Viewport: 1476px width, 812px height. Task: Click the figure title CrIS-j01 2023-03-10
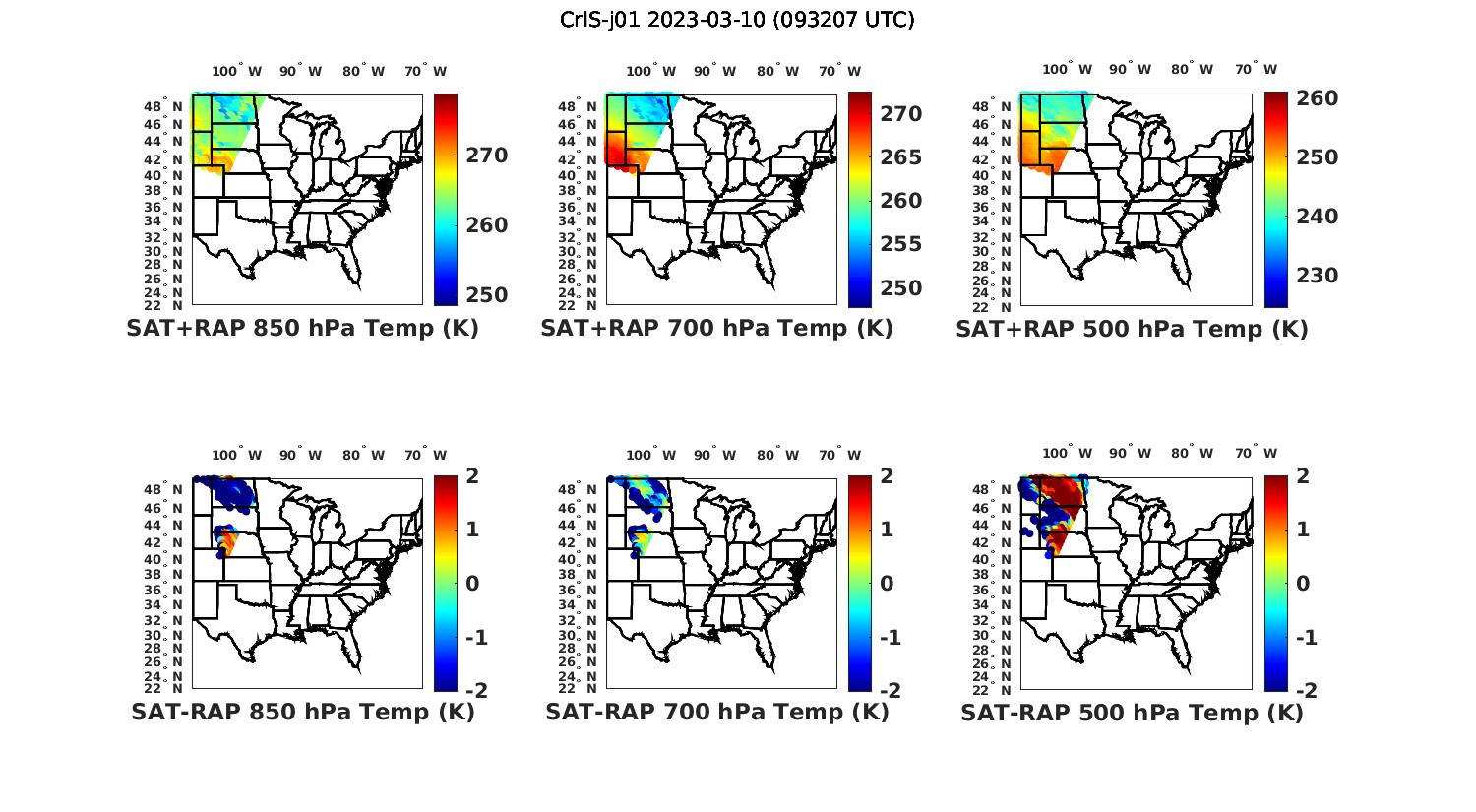pyautogui.click(x=737, y=20)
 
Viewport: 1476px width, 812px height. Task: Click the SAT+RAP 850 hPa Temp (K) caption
pyautogui.click(x=302, y=329)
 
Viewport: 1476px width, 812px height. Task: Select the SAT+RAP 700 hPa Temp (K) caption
pyautogui.click(x=716, y=329)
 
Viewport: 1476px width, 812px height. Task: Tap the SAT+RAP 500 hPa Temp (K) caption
pyautogui.click(x=1132, y=329)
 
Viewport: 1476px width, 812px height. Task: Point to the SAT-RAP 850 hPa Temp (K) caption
pyautogui.click(x=302, y=713)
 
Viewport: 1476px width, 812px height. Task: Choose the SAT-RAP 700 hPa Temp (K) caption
pyautogui.click(x=716, y=713)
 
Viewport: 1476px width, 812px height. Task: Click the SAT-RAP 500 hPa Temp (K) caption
pyautogui.click(x=1132, y=713)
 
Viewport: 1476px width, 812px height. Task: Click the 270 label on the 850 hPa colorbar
pyautogui.click(x=487, y=156)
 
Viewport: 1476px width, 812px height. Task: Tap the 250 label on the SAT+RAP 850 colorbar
pyautogui.click(x=487, y=295)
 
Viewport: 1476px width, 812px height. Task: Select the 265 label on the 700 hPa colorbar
pyautogui.click(x=900, y=157)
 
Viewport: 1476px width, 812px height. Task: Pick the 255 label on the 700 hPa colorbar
pyautogui.click(x=900, y=244)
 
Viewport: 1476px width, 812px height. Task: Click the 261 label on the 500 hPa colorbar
pyautogui.click(x=1316, y=98)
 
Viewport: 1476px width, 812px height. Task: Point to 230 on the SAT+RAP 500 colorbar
pyautogui.click(x=1316, y=276)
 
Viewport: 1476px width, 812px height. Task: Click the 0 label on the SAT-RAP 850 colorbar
pyautogui.click(x=472, y=584)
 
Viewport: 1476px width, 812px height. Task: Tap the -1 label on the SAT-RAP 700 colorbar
pyautogui.click(x=890, y=638)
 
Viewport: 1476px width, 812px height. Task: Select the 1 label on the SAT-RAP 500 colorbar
pyautogui.click(x=1303, y=530)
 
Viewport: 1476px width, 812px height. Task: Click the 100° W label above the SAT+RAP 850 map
pyautogui.click(x=237, y=71)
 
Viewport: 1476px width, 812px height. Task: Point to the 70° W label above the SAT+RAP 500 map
pyautogui.click(x=1256, y=69)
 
